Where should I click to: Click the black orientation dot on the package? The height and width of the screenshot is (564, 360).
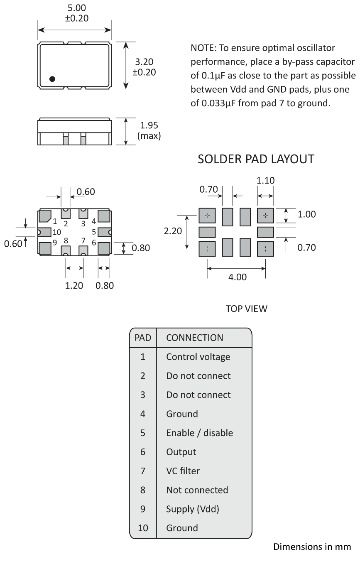52,79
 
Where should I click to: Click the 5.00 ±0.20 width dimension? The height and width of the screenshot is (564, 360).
74,14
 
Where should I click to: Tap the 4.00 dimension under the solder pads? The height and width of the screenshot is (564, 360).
238,277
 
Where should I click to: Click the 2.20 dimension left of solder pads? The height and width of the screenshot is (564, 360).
173,231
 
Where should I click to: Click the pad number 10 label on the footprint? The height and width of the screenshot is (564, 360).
57,232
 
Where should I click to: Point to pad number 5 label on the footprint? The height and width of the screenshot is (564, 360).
94,232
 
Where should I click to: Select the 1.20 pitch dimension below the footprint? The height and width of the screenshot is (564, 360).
74,285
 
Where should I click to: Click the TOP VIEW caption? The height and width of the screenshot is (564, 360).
247,309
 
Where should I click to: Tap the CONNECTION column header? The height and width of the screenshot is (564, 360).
194,337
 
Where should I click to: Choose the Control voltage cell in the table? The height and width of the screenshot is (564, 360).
198,357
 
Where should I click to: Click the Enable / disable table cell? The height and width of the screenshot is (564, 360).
199,433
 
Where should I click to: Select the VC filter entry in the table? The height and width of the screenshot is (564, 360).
183,471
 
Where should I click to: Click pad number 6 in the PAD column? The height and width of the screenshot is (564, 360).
142,452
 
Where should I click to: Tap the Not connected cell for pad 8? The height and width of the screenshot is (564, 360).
197,490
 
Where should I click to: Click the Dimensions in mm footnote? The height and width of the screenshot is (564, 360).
312,547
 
